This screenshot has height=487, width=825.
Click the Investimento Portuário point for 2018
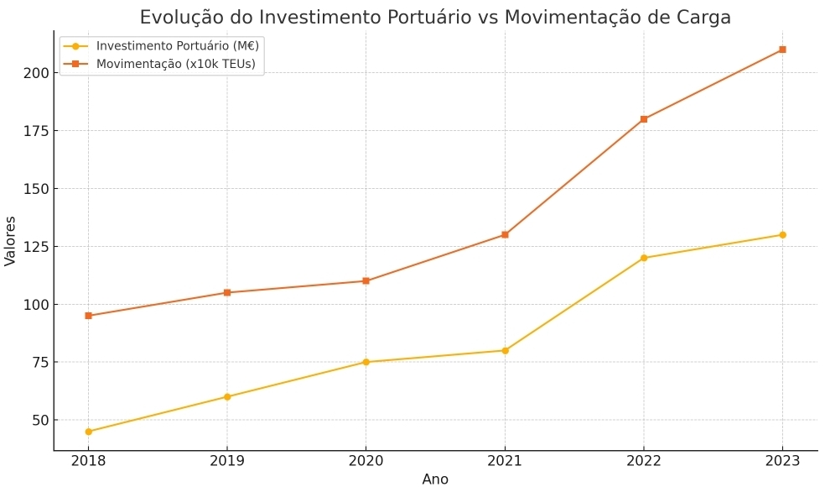[x=88, y=432]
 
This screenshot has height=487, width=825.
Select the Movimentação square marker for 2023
[x=782, y=50]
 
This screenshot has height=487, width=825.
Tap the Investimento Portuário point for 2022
[x=644, y=258]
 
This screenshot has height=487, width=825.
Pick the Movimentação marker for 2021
[x=505, y=234]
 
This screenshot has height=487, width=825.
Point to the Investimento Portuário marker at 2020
[x=366, y=362]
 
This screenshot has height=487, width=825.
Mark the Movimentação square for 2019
[x=227, y=292]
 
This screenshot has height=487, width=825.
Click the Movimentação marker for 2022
[x=644, y=119]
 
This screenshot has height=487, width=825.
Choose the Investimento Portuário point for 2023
[x=782, y=234]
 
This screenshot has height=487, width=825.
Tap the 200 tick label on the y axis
[x=36, y=73]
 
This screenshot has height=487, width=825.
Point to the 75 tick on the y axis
[x=40, y=362]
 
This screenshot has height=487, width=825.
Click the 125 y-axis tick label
[x=36, y=247]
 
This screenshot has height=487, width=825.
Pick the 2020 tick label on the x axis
[x=366, y=461]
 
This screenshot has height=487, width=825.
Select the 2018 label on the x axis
[x=88, y=461]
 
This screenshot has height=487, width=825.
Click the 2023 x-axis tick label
[x=782, y=461]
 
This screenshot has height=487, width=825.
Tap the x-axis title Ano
[x=435, y=479]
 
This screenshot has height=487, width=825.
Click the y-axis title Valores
[x=11, y=241]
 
